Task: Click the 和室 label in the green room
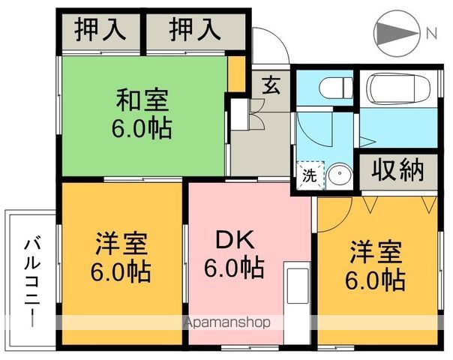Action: coord(142,98)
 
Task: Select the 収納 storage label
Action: coord(398,169)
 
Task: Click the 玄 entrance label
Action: coord(271,85)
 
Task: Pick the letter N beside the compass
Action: coord(432,33)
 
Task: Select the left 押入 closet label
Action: coord(100,31)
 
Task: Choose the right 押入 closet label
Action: coord(194,31)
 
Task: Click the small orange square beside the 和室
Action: coord(236,75)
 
